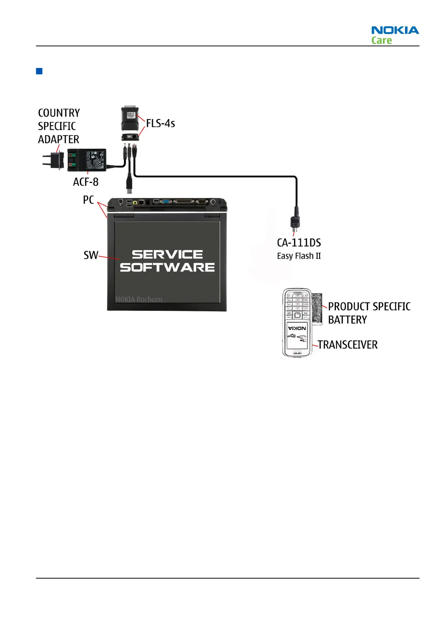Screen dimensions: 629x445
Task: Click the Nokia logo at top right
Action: (x=395, y=30)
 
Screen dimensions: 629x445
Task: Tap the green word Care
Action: (x=381, y=40)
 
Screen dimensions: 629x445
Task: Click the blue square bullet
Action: (x=39, y=71)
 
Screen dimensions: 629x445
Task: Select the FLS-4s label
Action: (x=160, y=123)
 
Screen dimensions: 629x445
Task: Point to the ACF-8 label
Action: (x=86, y=182)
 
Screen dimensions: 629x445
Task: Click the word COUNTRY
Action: (x=59, y=113)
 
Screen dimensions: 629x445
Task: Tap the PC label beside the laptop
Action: (x=88, y=200)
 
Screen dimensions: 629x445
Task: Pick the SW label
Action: (x=91, y=255)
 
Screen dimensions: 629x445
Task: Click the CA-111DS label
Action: (x=299, y=243)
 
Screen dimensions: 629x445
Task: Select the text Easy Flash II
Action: (x=299, y=256)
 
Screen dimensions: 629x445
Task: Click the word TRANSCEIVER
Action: (x=347, y=344)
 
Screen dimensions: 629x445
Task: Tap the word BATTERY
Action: (x=347, y=320)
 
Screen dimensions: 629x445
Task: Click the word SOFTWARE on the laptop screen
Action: (x=167, y=267)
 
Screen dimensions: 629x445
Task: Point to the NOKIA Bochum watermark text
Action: (x=139, y=299)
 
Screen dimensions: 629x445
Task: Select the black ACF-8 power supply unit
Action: (x=87, y=160)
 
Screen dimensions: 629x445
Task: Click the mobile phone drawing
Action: (x=297, y=322)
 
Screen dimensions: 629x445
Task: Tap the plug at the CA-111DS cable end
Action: (x=295, y=223)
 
